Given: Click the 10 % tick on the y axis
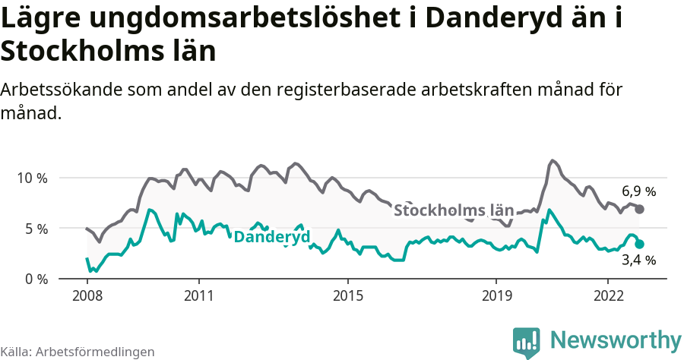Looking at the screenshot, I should click(x=32, y=178).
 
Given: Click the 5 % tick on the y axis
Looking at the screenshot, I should click(x=35, y=229).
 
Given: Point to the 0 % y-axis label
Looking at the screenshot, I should click(x=35, y=279).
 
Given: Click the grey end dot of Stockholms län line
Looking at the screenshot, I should click(x=639, y=209).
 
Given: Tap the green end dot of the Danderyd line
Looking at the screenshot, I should click(x=639, y=244).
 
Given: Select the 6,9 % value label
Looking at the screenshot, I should click(x=638, y=191).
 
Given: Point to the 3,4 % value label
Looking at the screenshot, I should click(x=638, y=261).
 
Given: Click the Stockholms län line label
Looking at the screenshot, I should click(x=454, y=210).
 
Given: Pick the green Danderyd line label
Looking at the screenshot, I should click(x=271, y=237).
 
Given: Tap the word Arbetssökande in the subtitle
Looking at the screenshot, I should click(x=62, y=90).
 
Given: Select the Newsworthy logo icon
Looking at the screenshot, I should click(x=526, y=342).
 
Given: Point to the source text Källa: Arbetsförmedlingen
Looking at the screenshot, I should click(x=78, y=352).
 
